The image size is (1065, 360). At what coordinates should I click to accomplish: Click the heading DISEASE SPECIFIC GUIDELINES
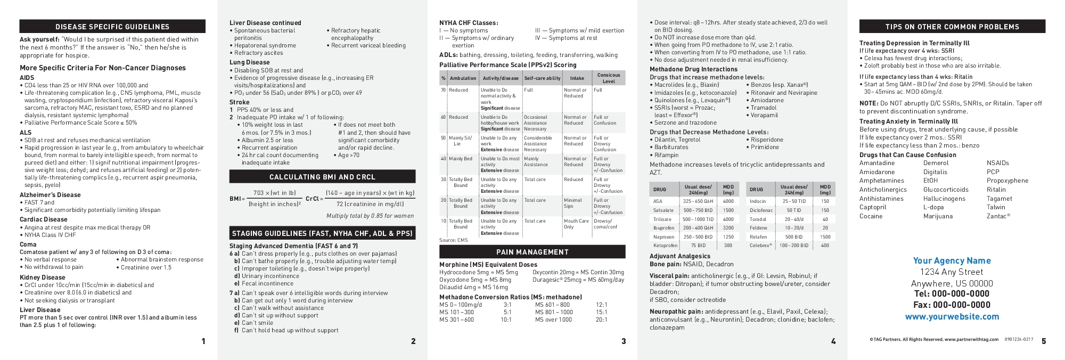112,27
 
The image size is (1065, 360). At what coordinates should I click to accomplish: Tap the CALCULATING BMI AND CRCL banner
322,177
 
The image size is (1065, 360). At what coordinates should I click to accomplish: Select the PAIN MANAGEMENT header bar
532,252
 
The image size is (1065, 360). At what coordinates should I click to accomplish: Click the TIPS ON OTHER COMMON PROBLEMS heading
952,27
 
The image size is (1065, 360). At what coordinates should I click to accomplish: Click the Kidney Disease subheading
43,277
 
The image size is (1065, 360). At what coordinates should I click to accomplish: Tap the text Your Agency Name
952,260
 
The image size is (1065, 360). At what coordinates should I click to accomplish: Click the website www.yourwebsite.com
952,316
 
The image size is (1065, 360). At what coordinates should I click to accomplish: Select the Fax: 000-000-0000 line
952,305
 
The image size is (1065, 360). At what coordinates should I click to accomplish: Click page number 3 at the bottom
624,341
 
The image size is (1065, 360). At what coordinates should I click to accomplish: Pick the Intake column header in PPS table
577,78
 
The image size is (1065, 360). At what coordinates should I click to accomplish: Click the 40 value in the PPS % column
443,159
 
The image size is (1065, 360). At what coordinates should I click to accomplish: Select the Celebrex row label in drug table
760,246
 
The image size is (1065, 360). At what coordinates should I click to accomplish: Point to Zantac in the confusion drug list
998,216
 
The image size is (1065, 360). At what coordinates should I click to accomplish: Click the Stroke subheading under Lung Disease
239,102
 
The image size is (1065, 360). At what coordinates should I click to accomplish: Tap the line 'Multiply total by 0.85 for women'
370,216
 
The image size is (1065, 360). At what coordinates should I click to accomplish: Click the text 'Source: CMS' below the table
453,240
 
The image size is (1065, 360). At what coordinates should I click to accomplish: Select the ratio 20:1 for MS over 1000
601,320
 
